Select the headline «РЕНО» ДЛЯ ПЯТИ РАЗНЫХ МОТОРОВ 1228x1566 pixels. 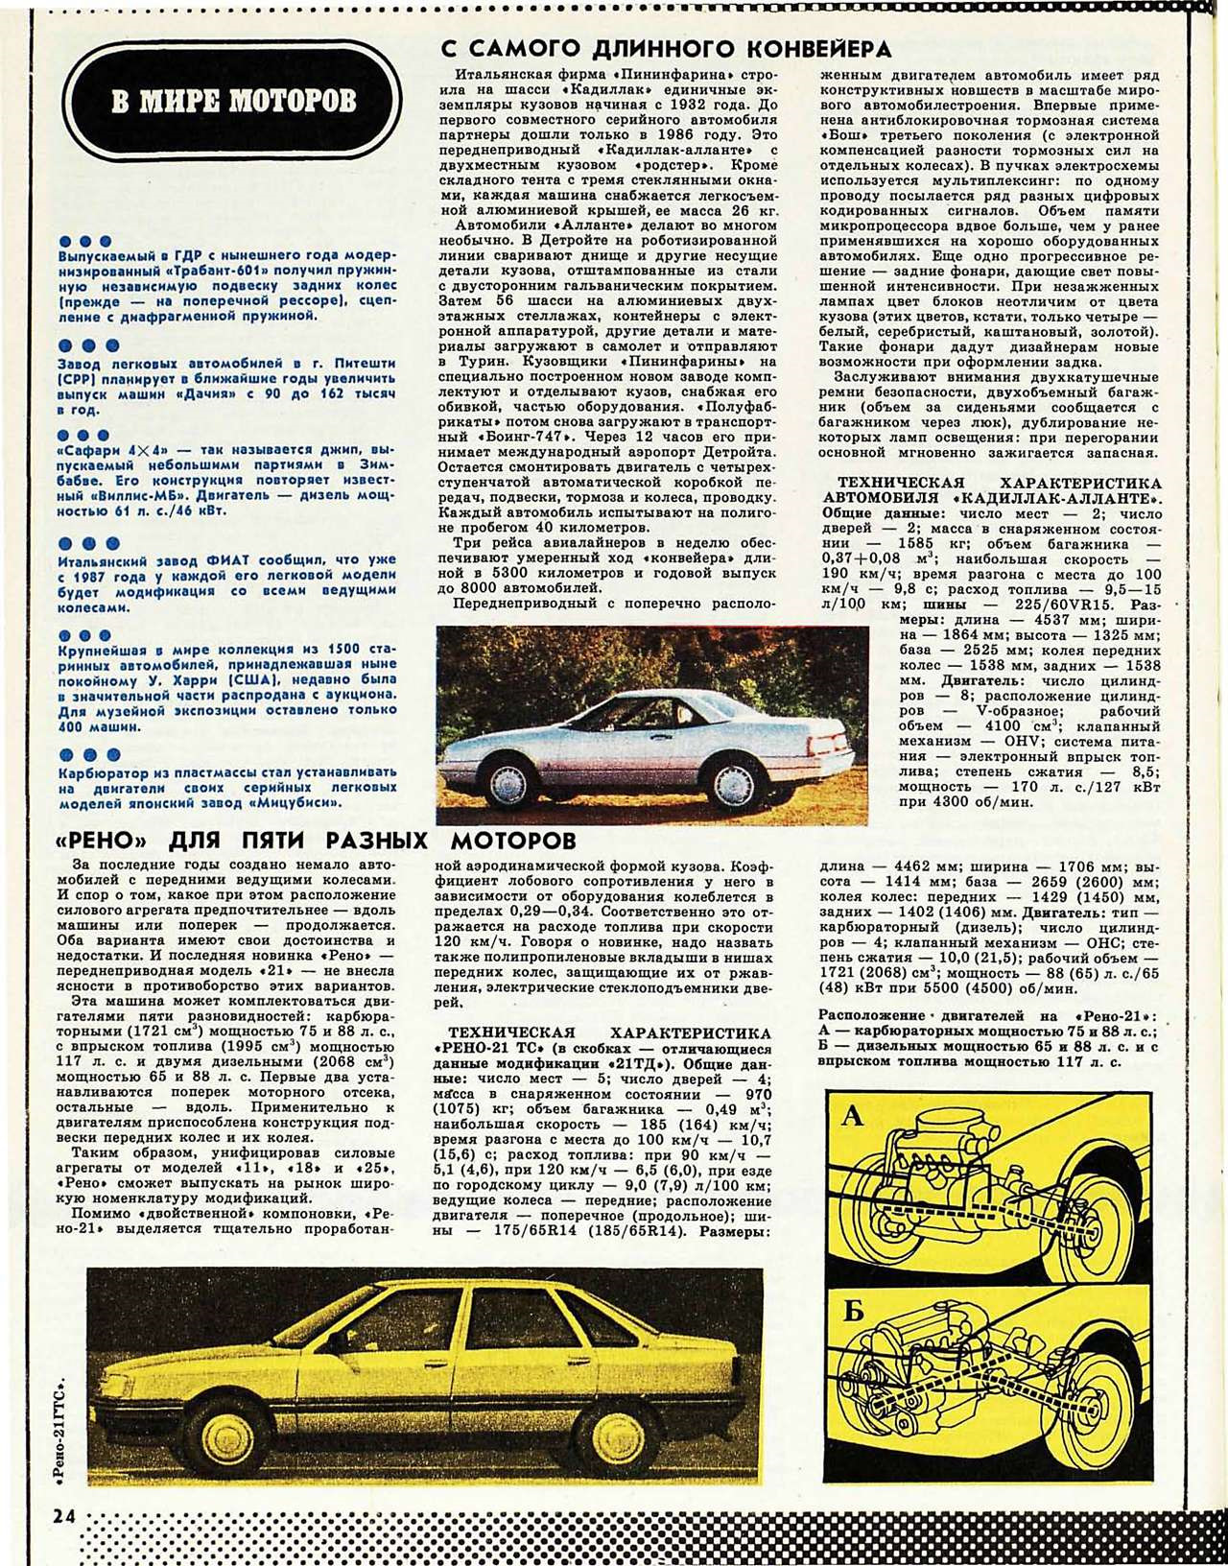317,842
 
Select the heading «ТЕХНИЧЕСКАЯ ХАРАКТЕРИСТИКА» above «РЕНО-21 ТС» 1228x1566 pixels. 602,1032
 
